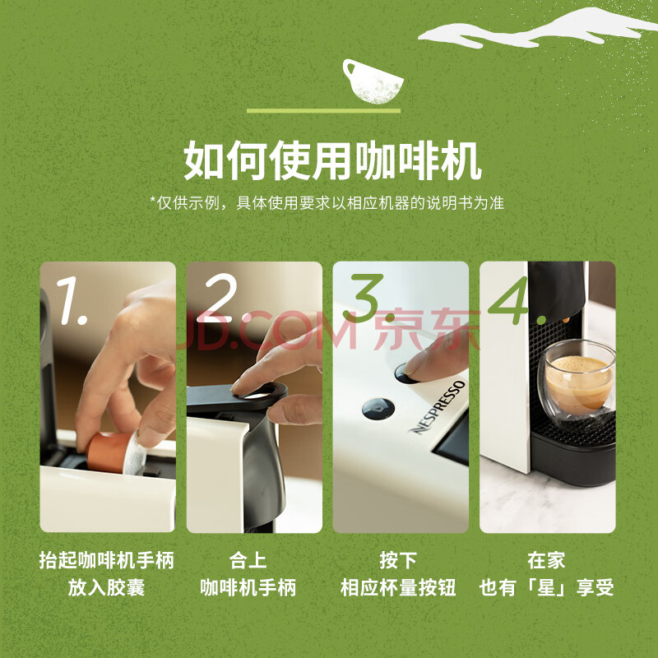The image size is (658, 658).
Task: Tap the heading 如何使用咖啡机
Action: [332, 160]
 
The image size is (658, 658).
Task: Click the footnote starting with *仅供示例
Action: [327, 203]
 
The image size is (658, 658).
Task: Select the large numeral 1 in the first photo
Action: [72, 300]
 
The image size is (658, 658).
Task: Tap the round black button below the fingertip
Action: [378, 409]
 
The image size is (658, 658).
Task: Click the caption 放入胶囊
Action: [107, 587]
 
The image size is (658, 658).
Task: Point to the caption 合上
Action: [248, 561]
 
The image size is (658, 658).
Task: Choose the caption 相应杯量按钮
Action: [398, 587]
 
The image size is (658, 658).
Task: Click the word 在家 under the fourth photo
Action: [546, 561]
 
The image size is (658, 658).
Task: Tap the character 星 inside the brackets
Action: [547, 587]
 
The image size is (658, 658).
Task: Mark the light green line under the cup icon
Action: [323, 111]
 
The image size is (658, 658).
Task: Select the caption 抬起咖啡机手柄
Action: [107, 561]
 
